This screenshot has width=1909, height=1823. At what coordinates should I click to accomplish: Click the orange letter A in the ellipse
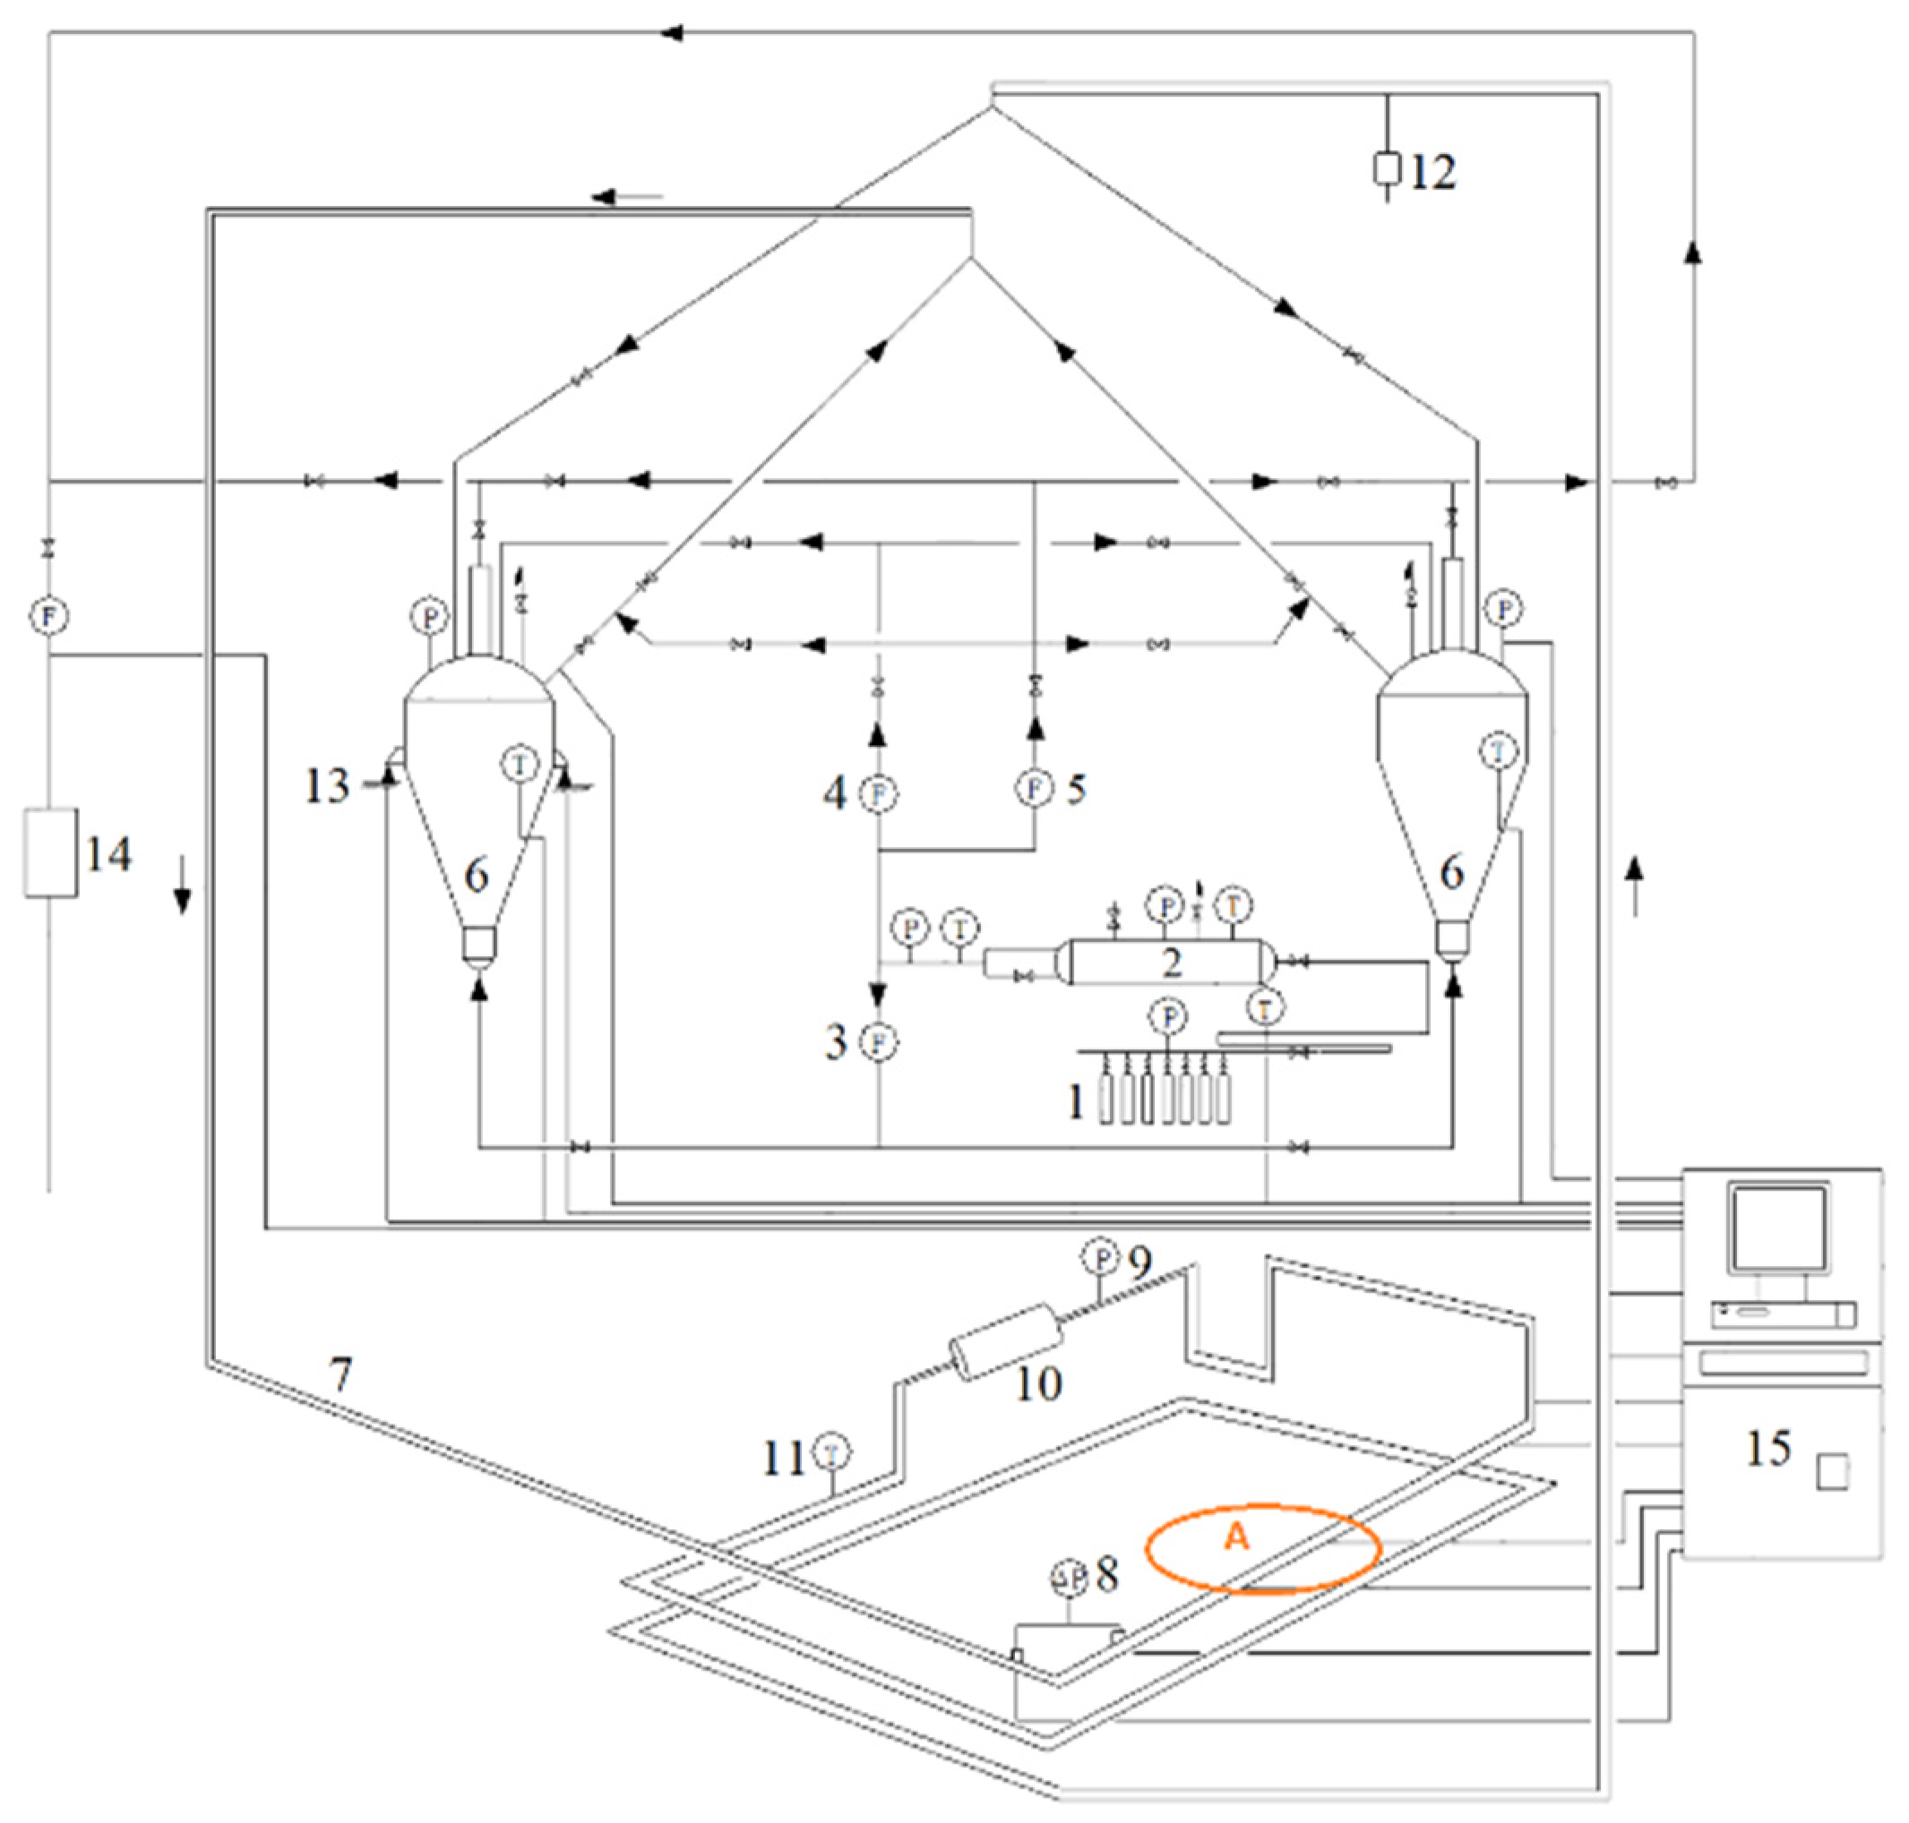point(1235,1536)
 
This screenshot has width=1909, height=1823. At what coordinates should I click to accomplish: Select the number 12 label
point(1432,172)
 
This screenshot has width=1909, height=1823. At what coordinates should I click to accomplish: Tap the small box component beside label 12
point(1386,169)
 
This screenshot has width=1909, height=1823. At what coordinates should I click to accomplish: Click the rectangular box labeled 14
point(50,852)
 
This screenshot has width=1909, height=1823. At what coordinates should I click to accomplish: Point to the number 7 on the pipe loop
point(340,1374)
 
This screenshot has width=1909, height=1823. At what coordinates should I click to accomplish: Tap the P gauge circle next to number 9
point(1101,1258)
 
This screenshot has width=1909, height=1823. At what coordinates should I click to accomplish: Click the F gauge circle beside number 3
point(880,1043)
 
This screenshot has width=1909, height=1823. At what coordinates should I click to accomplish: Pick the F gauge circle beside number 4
point(880,794)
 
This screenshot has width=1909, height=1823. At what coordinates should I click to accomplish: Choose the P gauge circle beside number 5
point(1034,787)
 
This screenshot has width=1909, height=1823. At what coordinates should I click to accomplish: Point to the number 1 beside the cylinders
point(1075,1102)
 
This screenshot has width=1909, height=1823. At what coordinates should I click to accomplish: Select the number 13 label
point(327,785)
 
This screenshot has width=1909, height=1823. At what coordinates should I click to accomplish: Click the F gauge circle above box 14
point(48,615)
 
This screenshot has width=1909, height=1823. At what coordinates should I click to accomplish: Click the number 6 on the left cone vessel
point(477,876)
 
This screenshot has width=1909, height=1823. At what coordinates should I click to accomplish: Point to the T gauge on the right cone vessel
point(1498,750)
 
